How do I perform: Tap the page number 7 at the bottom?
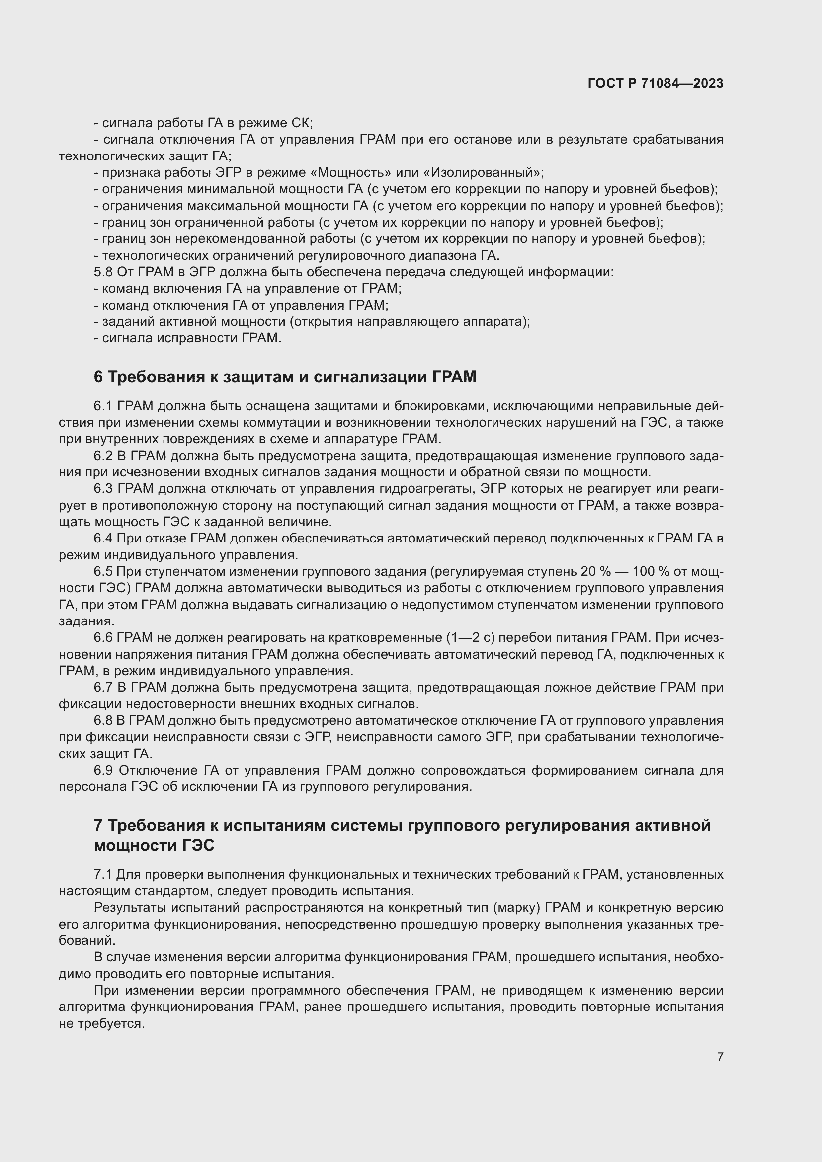click(720, 1057)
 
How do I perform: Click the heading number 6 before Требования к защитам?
click(98, 377)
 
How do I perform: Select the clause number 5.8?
click(103, 272)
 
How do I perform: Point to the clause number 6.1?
click(103, 406)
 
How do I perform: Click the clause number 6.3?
click(103, 489)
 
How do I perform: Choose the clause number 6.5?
click(103, 572)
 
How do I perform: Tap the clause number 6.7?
click(103, 687)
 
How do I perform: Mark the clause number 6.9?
click(103, 771)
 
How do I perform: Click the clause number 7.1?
click(103, 874)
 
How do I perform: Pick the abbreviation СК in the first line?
click(302, 124)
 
